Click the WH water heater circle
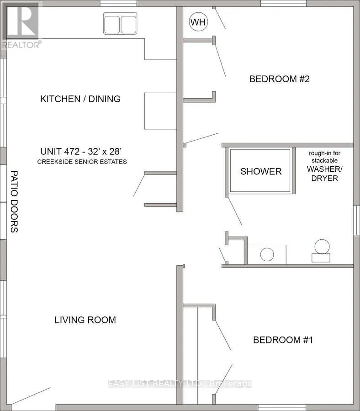(198, 22)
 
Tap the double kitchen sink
(120, 23)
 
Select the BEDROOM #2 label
(279, 79)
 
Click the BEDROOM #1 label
(283, 340)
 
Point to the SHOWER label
(261, 171)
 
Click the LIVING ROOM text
(85, 320)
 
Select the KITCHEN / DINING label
(80, 99)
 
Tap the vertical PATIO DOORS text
(14, 201)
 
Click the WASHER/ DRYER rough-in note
(324, 166)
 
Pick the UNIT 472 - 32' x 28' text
(81, 151)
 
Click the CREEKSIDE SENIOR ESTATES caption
(82, 162)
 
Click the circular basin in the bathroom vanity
(267, 254)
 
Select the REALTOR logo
(21, 25)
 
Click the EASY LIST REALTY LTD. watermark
(180, 384)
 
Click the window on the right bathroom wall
(357, 220)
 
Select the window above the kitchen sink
(118, 3)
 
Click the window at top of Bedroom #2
(283, 3)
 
